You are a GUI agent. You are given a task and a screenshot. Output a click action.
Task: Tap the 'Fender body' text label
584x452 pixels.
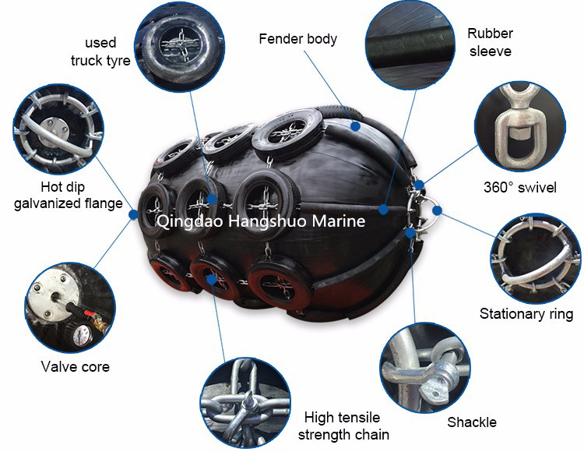[x=297, y=38]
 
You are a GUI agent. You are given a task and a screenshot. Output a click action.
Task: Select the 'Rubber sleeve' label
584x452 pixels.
[x=489, y=42]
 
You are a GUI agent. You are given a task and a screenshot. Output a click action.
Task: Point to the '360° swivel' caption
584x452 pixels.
[x=519, y=188]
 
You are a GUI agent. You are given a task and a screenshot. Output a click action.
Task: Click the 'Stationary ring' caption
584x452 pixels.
[x=526, y=314]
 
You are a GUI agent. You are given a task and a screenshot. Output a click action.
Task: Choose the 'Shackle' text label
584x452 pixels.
[x=472, y=422]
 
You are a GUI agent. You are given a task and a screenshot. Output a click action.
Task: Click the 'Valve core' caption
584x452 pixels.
[x=75, y=366]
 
